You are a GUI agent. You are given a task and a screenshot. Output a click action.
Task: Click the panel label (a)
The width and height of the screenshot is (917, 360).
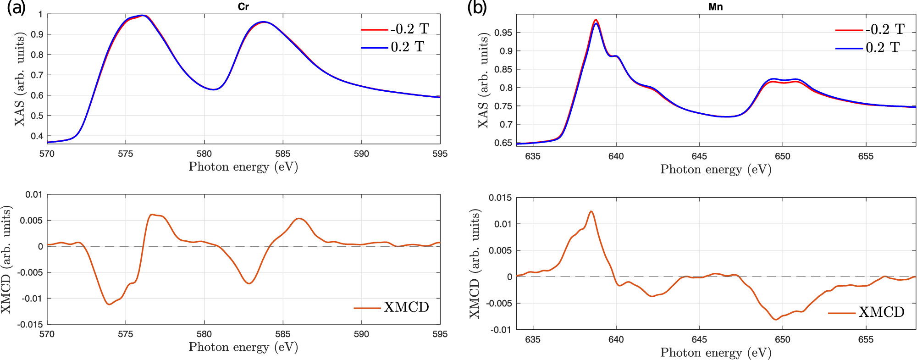coord(16,8)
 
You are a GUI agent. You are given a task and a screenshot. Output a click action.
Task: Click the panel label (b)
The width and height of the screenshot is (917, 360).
coord(477,8)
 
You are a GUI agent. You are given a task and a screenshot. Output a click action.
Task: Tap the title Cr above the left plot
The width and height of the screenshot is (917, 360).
coord(243,6)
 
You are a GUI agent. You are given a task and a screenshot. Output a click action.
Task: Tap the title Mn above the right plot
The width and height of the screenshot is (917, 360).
coord(715,6)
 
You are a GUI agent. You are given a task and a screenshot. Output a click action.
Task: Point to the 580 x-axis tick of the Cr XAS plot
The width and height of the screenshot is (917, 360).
coord(204,154)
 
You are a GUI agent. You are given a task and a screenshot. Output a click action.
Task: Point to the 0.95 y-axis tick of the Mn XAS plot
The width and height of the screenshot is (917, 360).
coord(503,33)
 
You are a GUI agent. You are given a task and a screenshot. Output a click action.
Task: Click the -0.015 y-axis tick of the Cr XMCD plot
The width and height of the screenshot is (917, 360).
coord(30,325)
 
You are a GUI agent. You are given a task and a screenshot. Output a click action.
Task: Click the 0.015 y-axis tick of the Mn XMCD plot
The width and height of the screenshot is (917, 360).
coord(500,198)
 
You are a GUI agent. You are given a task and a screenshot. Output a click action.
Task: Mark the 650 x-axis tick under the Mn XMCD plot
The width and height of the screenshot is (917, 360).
coord(782,339)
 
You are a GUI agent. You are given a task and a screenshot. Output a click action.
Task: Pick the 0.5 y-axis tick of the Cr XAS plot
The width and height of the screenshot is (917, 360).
coord(37,116)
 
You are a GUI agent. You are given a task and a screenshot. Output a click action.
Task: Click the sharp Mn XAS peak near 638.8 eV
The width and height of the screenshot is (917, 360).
coord(596,21)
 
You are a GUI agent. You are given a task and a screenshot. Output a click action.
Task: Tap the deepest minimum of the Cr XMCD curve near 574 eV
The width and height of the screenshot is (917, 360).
coord(109,304)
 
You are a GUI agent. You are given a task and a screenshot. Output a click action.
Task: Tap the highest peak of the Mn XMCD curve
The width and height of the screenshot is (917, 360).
coord(591,211)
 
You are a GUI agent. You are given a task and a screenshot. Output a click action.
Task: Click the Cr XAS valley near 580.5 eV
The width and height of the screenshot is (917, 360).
coord(213,89)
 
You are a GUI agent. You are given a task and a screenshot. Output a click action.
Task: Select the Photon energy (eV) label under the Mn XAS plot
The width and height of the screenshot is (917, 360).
coord(715,169)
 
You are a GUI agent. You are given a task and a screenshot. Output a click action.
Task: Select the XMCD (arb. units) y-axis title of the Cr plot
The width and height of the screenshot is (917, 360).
coord(6,259)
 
